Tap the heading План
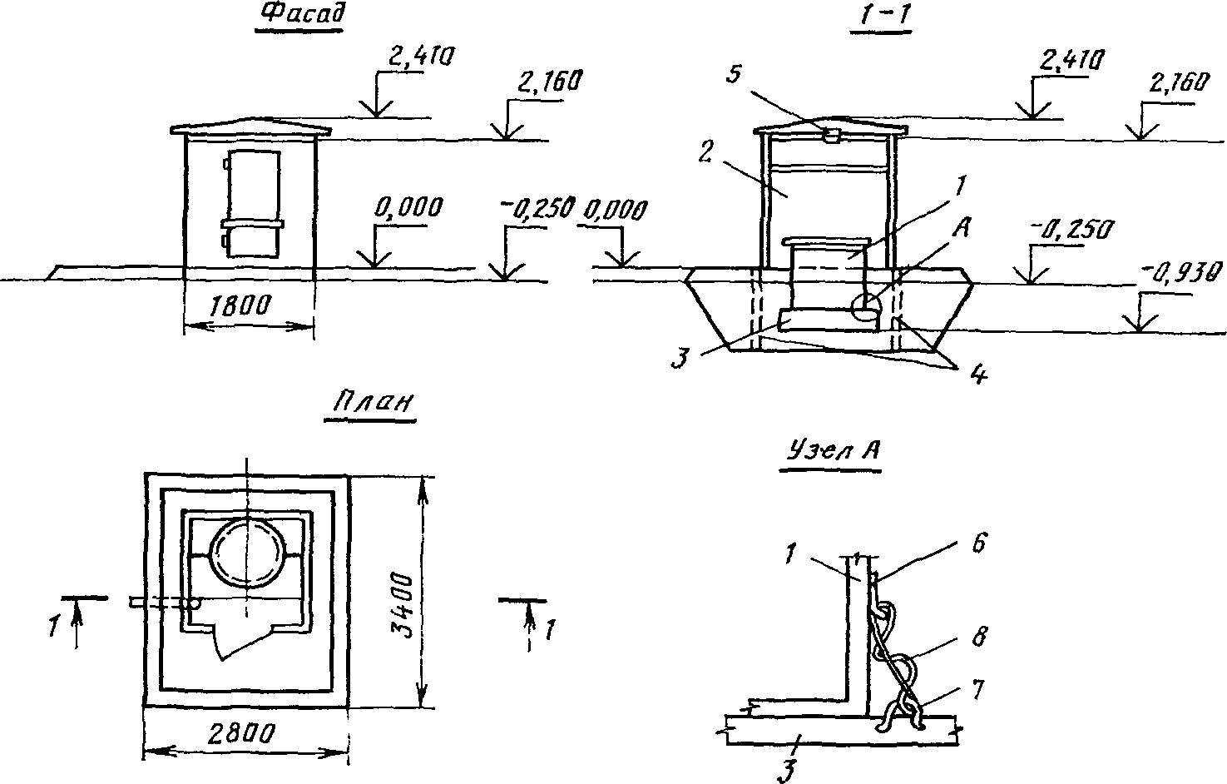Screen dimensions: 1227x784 coord(373,402)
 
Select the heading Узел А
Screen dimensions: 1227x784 coord(832,450)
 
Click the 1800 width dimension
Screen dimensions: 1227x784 coord(240,305)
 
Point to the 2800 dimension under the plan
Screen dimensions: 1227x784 coord(240,733)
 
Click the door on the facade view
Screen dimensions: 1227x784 coord(252,203)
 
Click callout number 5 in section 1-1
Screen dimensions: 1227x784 coord(734,73)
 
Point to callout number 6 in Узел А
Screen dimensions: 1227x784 coord(979,543)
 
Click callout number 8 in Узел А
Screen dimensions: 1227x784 coord(979,637)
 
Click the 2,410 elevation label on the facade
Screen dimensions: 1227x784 coord(422,57)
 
